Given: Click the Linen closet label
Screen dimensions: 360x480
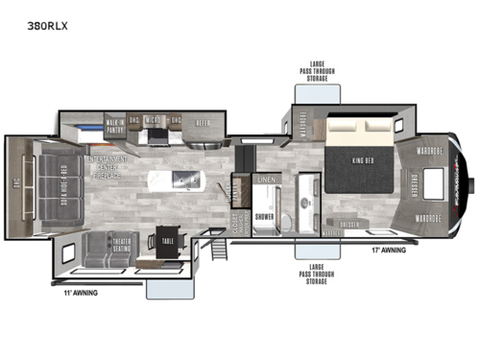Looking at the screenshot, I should click(x=268, y=180).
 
